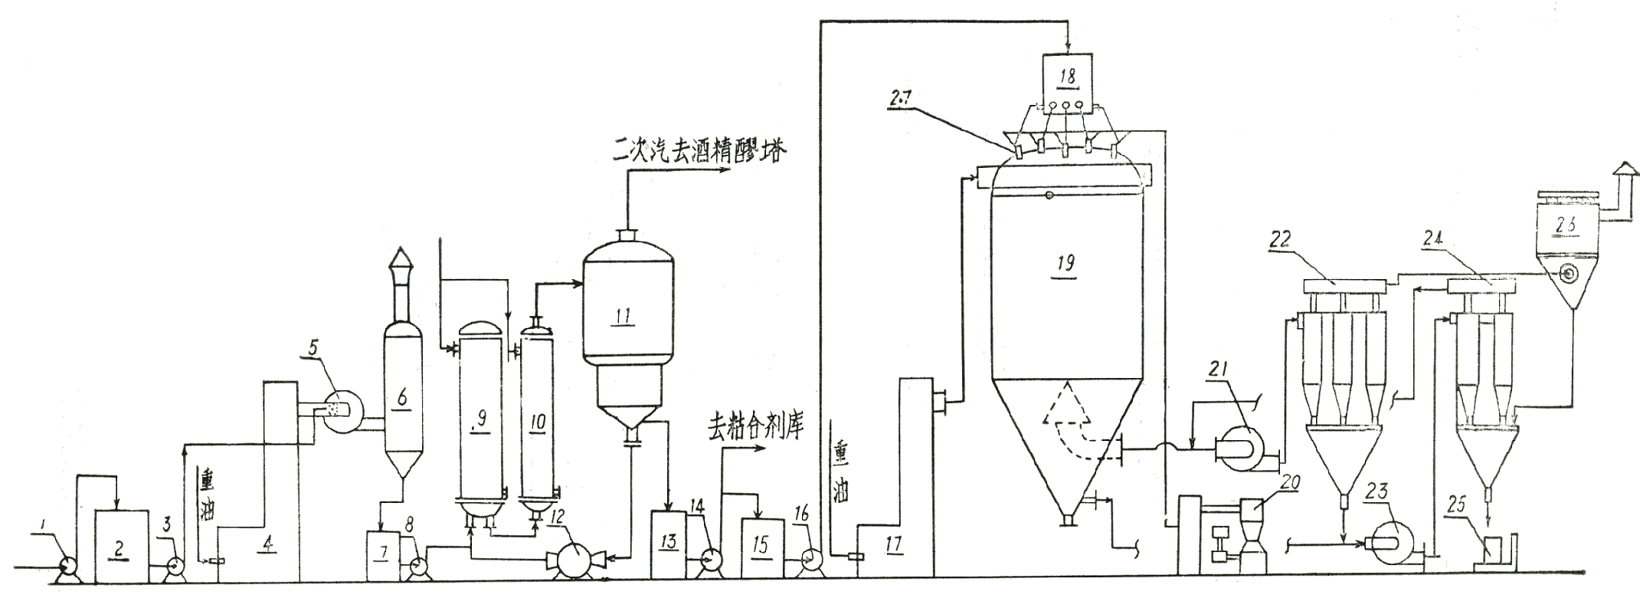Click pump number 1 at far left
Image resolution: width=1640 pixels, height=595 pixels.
[x=67, y=565]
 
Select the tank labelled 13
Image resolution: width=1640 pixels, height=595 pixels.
[x=668, y=543]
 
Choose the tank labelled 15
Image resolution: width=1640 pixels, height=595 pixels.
[x=761, y=545]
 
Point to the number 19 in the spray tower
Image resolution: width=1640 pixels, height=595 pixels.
[x=1066, y=263]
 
